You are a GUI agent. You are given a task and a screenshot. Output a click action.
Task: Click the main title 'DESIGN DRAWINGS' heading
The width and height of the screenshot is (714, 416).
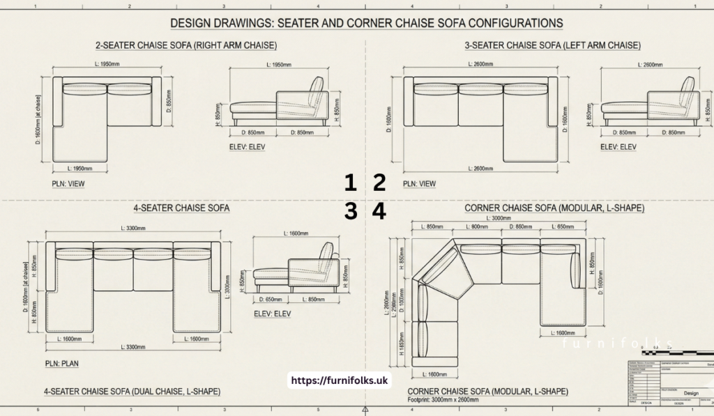pos(366,23)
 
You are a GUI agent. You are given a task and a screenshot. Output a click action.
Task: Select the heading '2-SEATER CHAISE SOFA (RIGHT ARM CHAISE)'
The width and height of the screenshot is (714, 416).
pos(186,45)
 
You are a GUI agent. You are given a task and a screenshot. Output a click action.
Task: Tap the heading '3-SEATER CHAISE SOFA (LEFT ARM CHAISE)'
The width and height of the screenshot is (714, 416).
pos(552,45)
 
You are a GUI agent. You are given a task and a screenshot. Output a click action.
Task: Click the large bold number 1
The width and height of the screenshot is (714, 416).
pos(351,183)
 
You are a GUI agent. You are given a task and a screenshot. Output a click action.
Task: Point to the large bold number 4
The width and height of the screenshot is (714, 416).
pos(379,211)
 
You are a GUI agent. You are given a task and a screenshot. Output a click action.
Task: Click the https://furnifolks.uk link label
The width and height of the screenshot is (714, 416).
pos(341,380)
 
